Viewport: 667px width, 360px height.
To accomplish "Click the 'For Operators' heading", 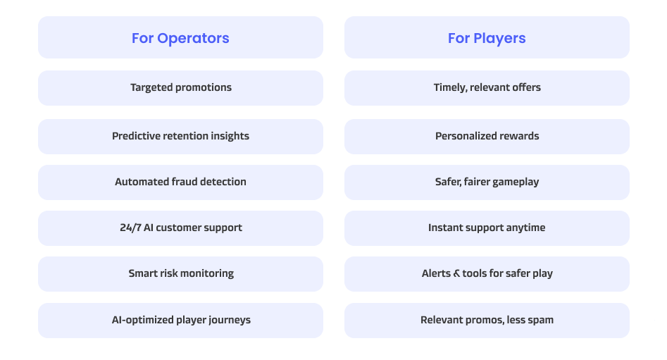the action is (180, 38).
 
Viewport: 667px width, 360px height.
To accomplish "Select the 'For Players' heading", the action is (487, 38).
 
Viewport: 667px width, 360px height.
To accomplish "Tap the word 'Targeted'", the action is (151, 87).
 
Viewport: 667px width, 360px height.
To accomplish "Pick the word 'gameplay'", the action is (516, 182).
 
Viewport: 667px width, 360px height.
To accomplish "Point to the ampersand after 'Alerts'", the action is (456, 273).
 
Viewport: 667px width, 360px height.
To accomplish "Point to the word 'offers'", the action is (526, 87).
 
